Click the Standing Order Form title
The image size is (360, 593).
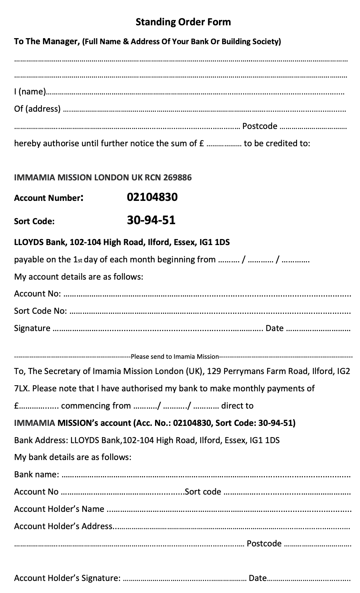[183, 22]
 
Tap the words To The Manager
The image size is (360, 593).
[47, 41]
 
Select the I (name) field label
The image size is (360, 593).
[30, 92]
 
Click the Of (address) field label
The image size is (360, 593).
[37, 109]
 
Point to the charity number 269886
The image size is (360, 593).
[178, 177]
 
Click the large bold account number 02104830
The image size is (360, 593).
[152, 197]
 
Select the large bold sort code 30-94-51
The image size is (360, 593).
[151, 220]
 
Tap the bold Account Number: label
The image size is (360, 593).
[49, 198]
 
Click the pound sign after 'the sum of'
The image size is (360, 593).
[202, 143]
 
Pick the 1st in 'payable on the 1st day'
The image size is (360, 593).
[78, 260]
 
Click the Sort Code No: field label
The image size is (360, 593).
[41, 311]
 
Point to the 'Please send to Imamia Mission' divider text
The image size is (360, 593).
[175, 356]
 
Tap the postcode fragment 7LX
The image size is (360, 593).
[22, 389]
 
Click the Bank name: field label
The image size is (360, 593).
[37, 474]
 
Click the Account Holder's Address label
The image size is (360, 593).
[63, 526]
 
